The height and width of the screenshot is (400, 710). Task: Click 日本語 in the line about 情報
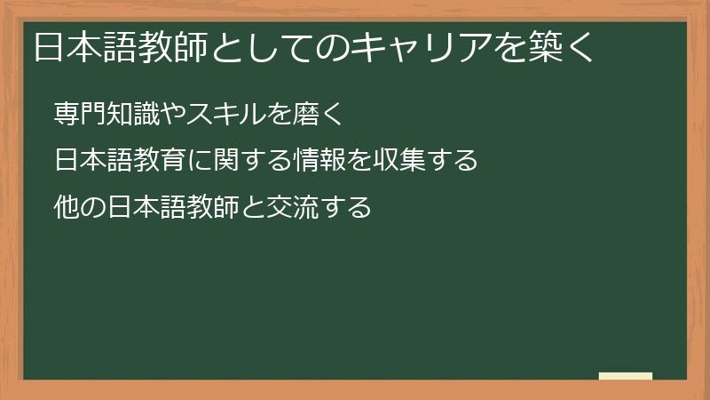[x=92, y=162]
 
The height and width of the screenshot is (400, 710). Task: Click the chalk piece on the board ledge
[x=625, y=376]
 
